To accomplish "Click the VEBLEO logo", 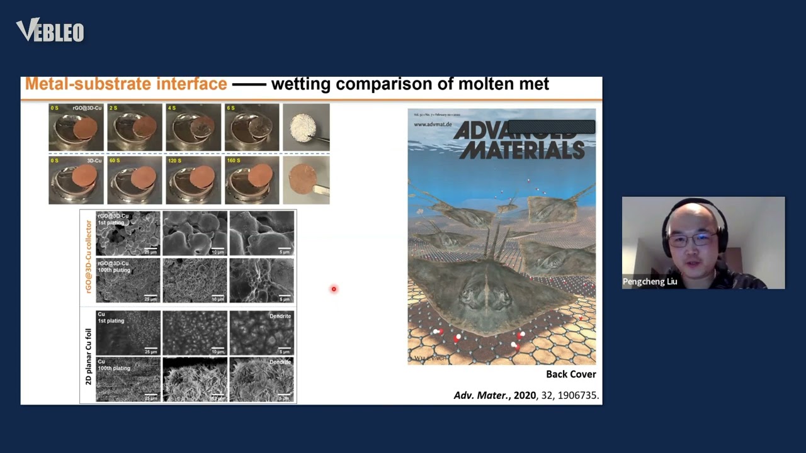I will point(50,30).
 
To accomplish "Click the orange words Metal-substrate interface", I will point(126,84).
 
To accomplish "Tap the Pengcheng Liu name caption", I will point(650,281).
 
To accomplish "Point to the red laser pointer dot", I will point(334,289).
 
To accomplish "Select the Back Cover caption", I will point(570,374).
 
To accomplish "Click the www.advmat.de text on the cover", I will point(433,125).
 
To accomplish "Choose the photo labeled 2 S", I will point(134,128).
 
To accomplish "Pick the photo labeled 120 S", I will point(193,181).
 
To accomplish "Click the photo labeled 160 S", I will point(252,181).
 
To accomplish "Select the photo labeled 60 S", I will point(134,181).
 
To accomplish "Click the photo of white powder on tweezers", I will point(306,128).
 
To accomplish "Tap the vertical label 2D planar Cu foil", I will point(88,356).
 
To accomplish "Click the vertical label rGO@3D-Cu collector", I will point(88,257).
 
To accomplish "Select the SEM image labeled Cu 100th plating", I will point(128,380).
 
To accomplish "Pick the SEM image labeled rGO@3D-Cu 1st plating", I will point(128,233).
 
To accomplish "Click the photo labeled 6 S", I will point(252,128).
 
